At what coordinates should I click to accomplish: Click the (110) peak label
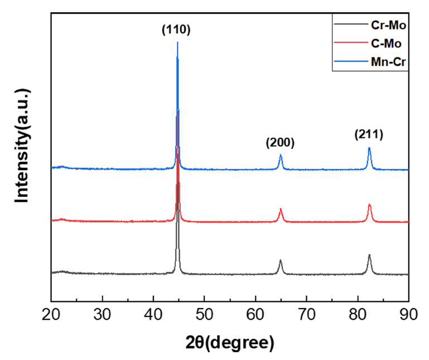[x=176, y=30]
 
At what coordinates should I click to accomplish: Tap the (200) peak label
[x=280, y=143]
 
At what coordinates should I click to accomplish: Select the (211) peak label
[x=369, y=135]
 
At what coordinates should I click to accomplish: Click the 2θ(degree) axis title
[x=229, y=341]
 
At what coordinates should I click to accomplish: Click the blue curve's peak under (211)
[x=369, y=148]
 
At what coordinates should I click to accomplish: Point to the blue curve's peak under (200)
[x=281, y=156]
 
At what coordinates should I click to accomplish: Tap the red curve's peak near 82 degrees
[x=369, y=205]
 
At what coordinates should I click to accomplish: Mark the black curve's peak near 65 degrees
[x=281, y=261]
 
